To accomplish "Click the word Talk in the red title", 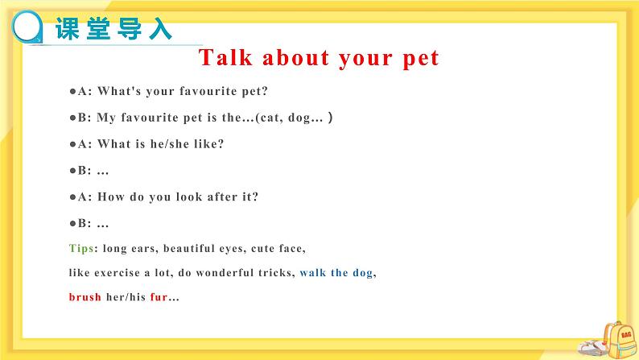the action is pos(225,57).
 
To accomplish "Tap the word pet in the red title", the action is pos(421,59).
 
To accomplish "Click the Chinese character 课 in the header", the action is pos(68,28).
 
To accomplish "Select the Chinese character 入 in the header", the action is pos(160,28).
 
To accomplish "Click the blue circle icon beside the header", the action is pos(27,27).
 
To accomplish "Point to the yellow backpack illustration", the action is pos(618,339).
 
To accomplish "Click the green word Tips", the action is pos(81,248).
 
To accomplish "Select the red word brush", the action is pos(85,296).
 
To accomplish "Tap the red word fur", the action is pos(159,296).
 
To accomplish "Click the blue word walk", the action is pos(313,272).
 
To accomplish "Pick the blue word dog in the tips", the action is pos(363,273).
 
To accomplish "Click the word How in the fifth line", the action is pos(111,197).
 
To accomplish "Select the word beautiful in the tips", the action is pos(188,248).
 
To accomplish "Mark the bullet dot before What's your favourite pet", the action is pos(72,91).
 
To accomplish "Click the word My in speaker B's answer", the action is pos(106,118).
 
